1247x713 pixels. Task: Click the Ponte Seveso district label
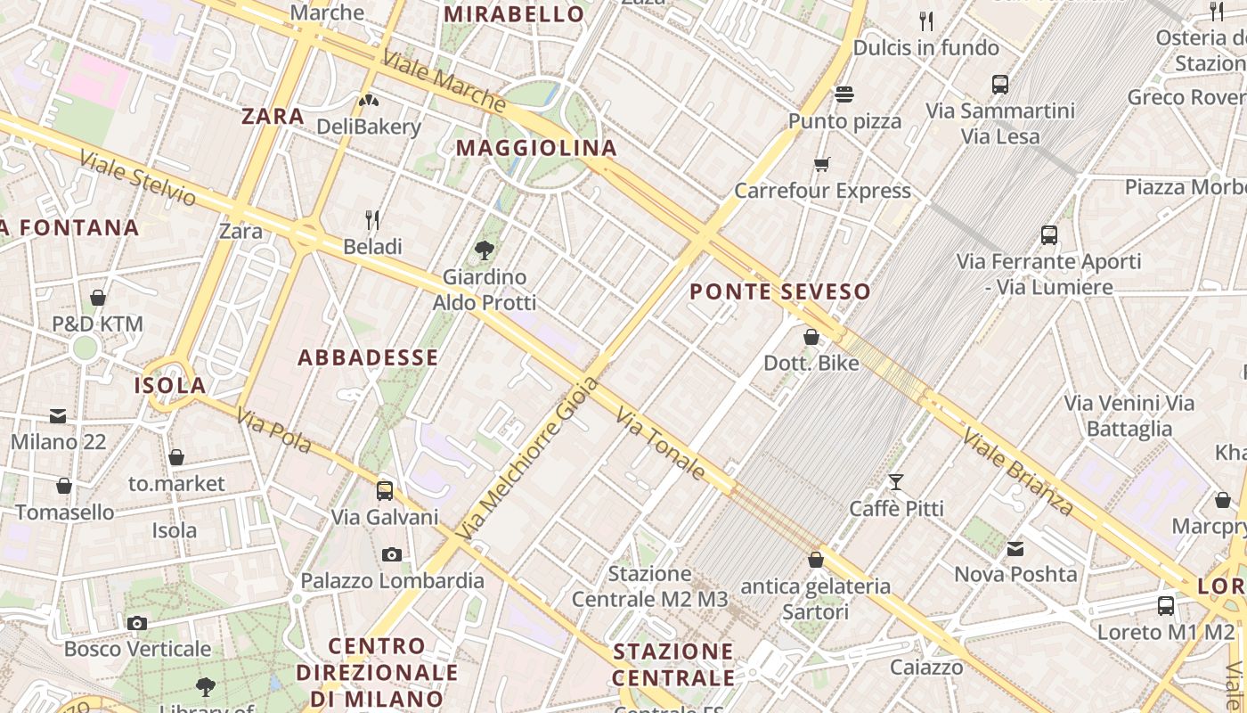pyautogui.click(x=779, y=291)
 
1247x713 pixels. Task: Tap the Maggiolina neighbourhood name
pyautogui.click(x=536, y=148)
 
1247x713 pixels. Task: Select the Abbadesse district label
pyautogui.click(x=368, y=358)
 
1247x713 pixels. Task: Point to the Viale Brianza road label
pyautogui.click(x=1018, y=471)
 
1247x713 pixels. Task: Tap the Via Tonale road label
pyautogui.click(x=660, y=443)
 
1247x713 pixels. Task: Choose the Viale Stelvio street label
pyautogui.click(x=137, y=177)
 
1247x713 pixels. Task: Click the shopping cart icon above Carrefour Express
pyautogui.click(x=822, y=164)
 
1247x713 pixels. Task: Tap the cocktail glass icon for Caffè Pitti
pyautogui.click(x=896, y=482)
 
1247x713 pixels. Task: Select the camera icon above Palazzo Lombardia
pyautogui.click(x=391, y=554)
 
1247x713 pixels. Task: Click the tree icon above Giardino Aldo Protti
pyautogui.click(x=485, y=250)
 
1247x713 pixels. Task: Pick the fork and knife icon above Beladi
pyautogui.click(x=372, y=219)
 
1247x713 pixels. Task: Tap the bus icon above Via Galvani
pyautogui.click(x=385, y=490)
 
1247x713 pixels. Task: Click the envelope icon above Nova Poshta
pyautogui.click(x=1015, y=549)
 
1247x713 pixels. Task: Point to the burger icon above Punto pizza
pyautogui.click(x=844, y=94)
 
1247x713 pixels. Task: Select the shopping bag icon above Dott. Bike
pyautogui.click(x=811, y=337)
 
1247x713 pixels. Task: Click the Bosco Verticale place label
pyautogui.click(x=137, y=649)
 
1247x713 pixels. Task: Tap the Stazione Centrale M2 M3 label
pyautogui.click(x=649, y=586)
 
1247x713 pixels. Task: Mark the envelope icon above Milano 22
pyautogui.click(x=58, y=415)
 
